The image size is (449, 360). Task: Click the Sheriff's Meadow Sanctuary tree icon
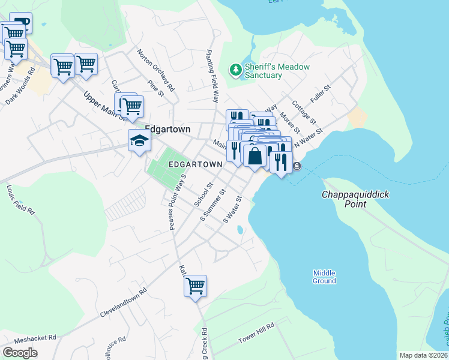(x=236, y=71)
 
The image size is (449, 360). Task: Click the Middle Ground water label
(x=324, y=277)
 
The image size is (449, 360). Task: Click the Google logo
(x=20, y=353)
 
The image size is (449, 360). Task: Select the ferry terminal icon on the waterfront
(x=297, y=166)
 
